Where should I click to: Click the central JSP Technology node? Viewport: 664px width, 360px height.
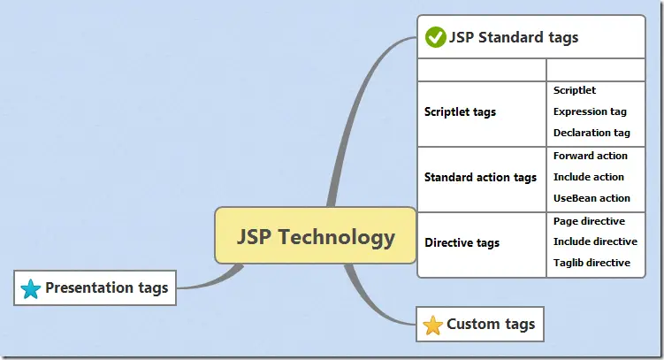[316, 236]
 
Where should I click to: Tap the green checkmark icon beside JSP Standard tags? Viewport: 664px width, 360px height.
[435, 37]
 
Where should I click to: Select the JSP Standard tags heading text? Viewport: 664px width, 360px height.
[514, 37]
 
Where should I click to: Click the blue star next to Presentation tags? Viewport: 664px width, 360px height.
[31, 288]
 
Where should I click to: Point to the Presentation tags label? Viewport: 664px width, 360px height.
[106, 287]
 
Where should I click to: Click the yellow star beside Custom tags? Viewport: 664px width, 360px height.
[432, 326]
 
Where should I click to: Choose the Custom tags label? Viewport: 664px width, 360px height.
[491, 325]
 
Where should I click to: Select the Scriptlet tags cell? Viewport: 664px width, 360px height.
[460, 112]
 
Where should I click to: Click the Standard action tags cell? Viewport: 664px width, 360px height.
[480, 178]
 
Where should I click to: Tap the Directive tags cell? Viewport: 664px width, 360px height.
[462, 242]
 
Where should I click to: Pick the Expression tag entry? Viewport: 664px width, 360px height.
[590, 111]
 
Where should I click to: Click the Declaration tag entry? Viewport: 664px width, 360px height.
[591, 133]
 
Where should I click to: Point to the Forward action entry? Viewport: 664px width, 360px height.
[590, 156]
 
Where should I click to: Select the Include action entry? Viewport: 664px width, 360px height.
[588, 177]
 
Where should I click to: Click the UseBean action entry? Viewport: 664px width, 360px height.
[591, 198]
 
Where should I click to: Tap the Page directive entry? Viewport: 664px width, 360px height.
[589, 221]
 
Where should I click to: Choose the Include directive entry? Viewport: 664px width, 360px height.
[595, 241]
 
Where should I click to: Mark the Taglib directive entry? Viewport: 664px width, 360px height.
[591, 263]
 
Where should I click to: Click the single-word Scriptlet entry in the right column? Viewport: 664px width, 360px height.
[575, 90]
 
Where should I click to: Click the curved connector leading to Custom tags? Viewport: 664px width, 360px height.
[371, 296]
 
